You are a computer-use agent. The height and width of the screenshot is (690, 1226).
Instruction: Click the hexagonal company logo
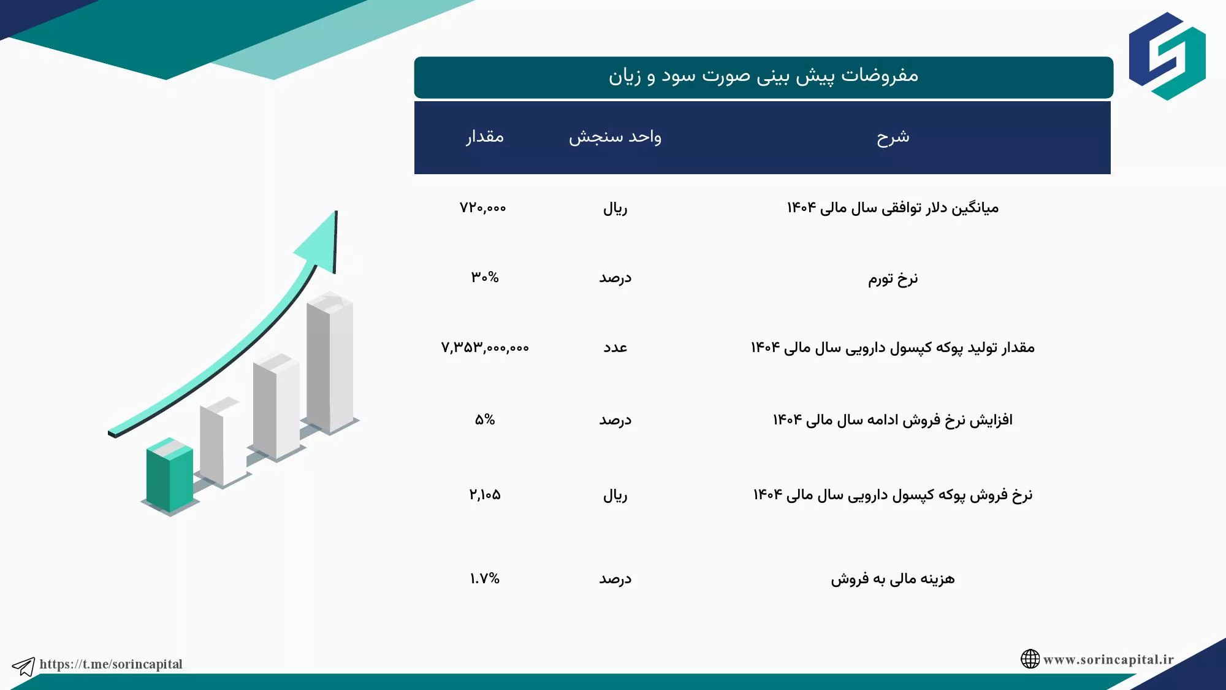coord(1167,56)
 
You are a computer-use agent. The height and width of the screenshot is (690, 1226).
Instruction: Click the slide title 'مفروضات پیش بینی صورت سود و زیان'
coord(763,76)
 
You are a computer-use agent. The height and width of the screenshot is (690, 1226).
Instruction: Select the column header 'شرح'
coord(893,137)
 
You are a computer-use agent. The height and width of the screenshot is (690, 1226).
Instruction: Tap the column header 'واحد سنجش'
coord(615,137)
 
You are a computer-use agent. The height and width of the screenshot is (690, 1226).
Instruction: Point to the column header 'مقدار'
coord(484,136)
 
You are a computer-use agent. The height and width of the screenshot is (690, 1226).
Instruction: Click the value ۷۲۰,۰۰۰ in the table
coord(483,208)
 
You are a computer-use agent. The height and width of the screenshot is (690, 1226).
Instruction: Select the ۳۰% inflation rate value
coord(485,277)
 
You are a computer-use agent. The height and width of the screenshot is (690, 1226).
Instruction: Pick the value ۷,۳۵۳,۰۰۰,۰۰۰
coord(485,348)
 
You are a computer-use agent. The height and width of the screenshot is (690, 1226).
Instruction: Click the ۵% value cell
coord(485,420)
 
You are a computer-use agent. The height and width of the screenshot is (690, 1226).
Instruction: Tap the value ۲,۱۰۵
coord(485,494)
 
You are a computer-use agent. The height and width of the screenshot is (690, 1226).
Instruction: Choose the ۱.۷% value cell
coord(485,578)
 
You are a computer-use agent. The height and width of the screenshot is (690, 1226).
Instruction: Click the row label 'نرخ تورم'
coord(893,279)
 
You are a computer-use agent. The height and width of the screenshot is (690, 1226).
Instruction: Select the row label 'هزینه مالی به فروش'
coord(893,579)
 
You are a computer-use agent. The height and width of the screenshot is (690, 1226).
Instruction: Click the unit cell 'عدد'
coord(615,348)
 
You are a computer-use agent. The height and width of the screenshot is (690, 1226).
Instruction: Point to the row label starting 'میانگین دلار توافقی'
coord(893,208)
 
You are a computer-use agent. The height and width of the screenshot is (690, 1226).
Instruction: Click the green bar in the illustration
coord(170,475)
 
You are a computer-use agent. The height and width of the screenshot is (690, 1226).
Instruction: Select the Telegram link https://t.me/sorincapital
coord(111,664)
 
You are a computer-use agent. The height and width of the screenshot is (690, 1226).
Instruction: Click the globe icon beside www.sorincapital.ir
coord(1030,659)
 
